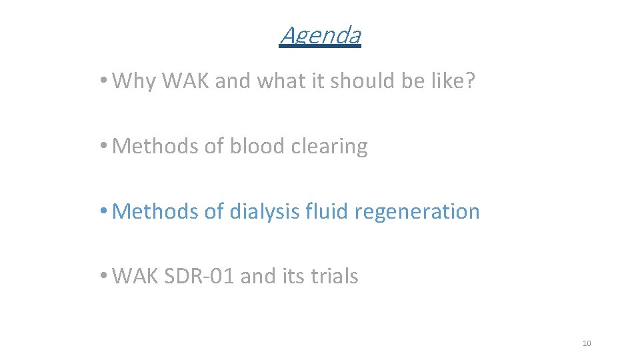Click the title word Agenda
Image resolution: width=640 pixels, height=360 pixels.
320,35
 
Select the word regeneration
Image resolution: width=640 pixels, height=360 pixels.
418,212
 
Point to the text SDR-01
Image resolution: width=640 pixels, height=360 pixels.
202,276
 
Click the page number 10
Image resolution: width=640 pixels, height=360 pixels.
587,343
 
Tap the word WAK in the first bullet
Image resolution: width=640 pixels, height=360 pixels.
186,81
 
